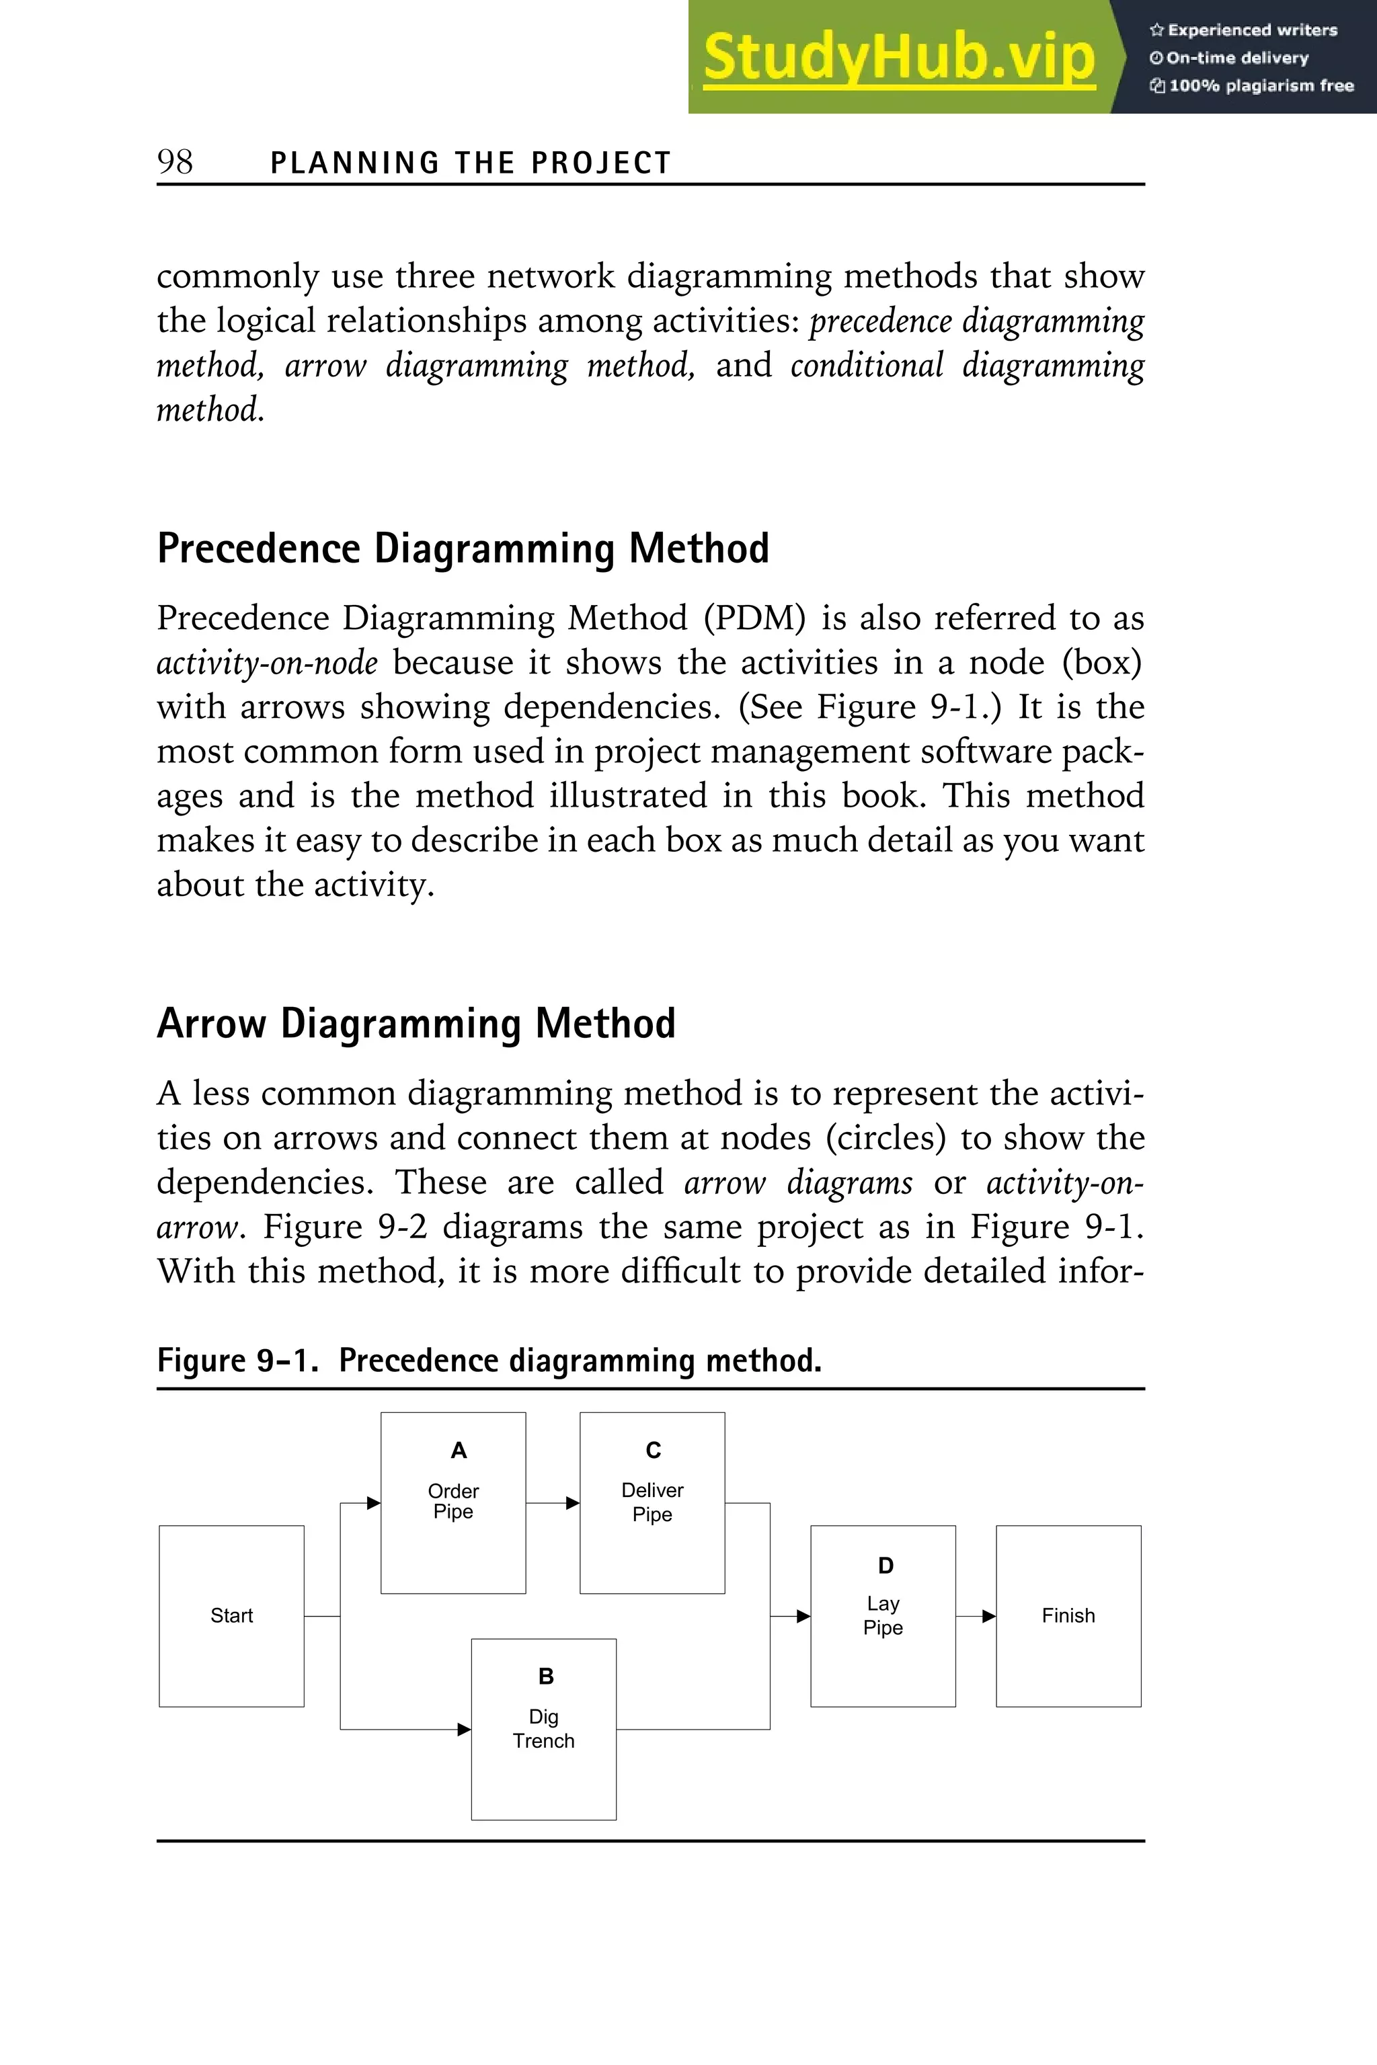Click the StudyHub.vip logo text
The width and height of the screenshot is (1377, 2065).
pyautogui.click(x=898, y=58)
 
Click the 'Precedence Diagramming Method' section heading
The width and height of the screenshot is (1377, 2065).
pyautogui.click(x=463, y=549)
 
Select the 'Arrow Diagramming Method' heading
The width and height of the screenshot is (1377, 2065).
pyautogui.click(x=416, y=1024)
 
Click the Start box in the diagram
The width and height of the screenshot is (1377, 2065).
pyautogui.click(x=232, y=1615)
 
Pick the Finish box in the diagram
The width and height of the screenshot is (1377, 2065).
pyautogui.click(x=1068, y=1615)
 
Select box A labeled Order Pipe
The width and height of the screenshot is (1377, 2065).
pyautogui.click(x=453, y=1502)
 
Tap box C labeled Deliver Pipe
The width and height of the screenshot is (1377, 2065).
pyautogui.click(x=652, y=1502)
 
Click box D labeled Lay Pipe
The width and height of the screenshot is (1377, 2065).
pyautogui.click(x=883, y=1615)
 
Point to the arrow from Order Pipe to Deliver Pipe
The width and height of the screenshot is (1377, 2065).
pyautogui.click(x=553, y=1503)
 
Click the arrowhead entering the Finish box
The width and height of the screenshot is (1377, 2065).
pyautogui.click(x=989, y=1615)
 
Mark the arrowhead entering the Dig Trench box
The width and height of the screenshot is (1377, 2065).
pyautogui.click(x=465, y=1730)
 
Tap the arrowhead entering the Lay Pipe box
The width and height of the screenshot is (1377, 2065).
pyautogui.click(x=803, y=1615)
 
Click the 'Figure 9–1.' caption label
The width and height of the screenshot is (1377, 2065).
pyautogui.click(x=237, y=1360)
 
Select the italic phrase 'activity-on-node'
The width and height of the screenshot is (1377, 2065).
pyautogui.click(x=267, y=663)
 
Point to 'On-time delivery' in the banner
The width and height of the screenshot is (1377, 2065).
pyautogui.click(x=1236, y=58)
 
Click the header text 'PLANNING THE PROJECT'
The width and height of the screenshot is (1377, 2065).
pyautogui.click(x=471, y=163)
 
